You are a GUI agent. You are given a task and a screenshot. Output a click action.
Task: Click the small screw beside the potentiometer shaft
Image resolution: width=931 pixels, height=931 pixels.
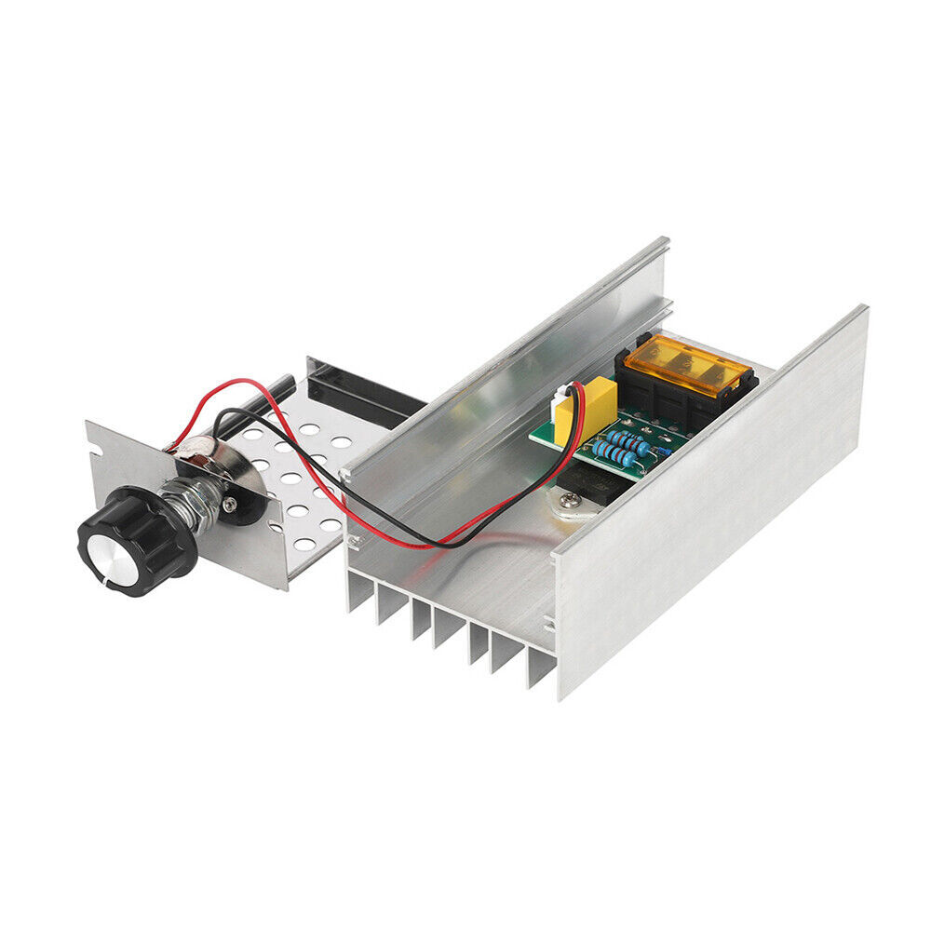click(x=229, y=504)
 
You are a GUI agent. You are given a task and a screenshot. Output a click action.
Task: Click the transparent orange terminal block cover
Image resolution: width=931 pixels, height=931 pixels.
click(x=685, y=362)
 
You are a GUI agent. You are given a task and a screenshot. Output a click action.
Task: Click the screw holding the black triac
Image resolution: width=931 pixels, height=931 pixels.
click(x=565, y=503)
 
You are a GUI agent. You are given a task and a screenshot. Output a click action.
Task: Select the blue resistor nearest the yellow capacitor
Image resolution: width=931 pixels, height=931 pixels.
click(x=628, y=438)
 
